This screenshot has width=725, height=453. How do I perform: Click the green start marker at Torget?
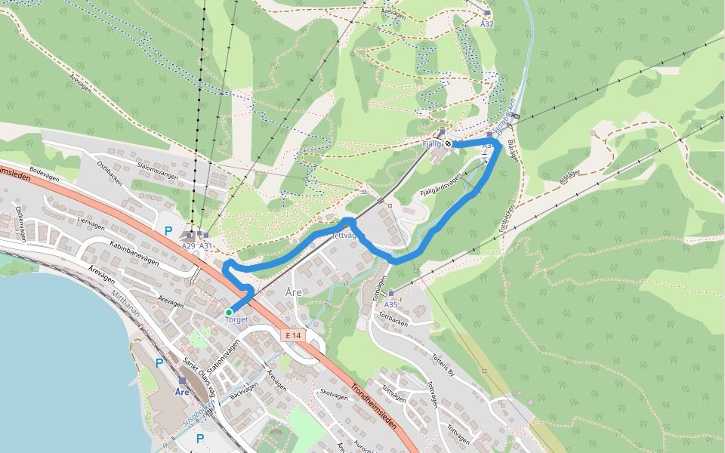coord(228,312)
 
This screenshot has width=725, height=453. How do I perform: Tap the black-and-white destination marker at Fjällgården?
coord(449,143)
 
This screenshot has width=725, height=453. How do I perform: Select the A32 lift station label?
coord(487,23)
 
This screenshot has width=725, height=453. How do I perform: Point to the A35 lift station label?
coord(390,304)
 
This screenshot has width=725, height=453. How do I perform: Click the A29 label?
coord(188,246)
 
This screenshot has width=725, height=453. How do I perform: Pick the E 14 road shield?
coord(294,334)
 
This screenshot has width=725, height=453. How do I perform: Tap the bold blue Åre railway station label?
coord(182,393)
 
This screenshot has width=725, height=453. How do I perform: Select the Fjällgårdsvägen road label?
coord(440,185)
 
